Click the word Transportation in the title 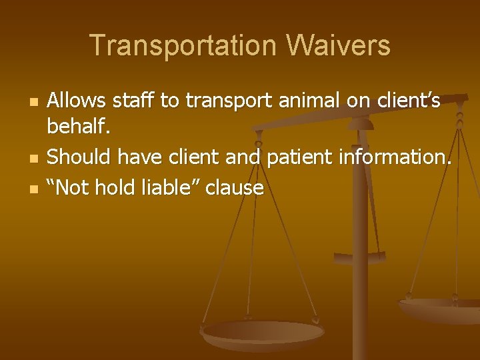[x=180, y=46]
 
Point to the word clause [x=235, y=187]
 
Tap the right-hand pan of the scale [x=440, y=308]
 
